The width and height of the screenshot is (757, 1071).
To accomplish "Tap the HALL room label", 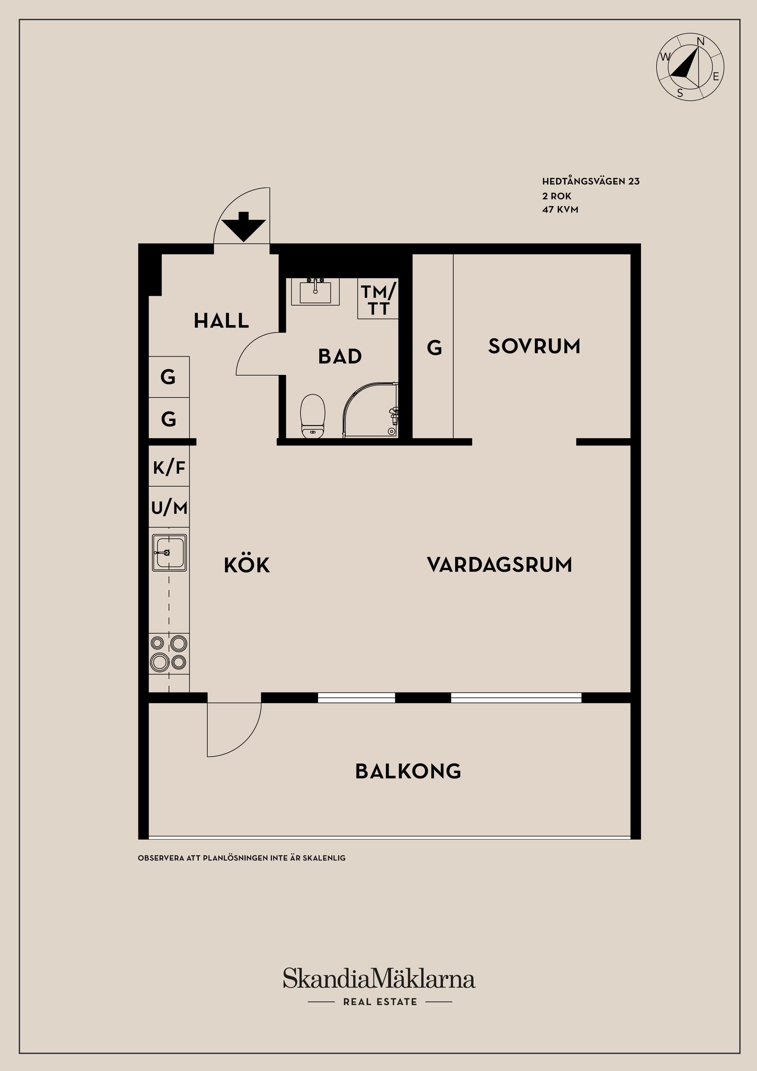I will tap(221, 321).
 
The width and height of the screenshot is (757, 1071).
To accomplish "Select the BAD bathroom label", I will tap(340, 357).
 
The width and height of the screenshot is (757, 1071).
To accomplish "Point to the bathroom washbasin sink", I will tap(315, 291).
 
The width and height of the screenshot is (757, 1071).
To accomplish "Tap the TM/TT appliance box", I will tap(378, 300).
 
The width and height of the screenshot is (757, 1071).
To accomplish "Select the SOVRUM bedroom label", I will tap(534, 346).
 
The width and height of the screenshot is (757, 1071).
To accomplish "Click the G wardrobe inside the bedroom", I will tap(434, 347).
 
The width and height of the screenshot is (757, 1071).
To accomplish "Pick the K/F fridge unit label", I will tap(169, 467).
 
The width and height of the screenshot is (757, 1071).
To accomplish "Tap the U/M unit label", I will tap(169, 507).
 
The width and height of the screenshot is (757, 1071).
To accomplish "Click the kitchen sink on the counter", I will tap(169, 553).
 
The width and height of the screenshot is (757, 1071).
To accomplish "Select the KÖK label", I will tap(247, 565).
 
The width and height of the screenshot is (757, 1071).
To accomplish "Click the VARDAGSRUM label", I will tap(499, 564).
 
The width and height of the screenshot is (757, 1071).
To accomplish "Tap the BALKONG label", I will tap(408, 771).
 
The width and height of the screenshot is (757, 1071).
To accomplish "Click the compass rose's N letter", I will tap(700, 41).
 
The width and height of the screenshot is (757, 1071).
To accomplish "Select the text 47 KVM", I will tap(560, 209).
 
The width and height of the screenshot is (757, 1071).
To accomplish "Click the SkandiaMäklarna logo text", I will tap(379, 978).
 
